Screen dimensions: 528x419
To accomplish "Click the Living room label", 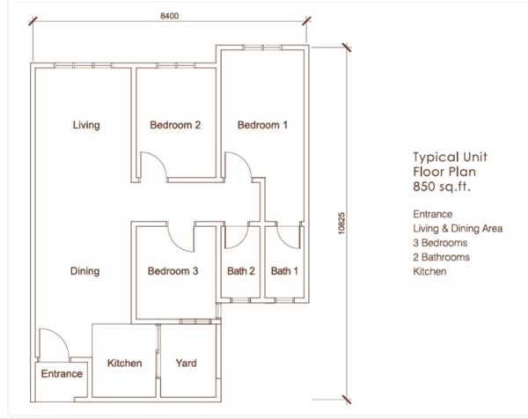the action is click(86, 125).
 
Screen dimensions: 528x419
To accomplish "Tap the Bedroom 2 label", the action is click(175, 125).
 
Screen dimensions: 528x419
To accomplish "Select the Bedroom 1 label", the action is click(262, 125).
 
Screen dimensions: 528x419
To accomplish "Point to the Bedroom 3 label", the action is click(172, 271).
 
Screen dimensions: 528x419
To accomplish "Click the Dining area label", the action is click(84, 271).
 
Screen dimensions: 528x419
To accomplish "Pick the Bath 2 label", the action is click(241, 271).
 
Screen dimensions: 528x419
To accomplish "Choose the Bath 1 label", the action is click(284, 271).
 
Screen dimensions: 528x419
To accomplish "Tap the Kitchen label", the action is click(125, 363).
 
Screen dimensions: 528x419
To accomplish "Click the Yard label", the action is click(187, 363).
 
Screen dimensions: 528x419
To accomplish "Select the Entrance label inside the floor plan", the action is click(62, 373).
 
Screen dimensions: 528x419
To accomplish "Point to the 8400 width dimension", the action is click(169, 16).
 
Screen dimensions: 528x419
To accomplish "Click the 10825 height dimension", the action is click(341, 223).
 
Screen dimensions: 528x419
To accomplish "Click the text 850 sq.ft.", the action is click(442, 187).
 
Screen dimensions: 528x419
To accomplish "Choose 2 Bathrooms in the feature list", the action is click(442, 257).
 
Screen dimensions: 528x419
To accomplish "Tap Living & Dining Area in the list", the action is click(458, 229).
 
